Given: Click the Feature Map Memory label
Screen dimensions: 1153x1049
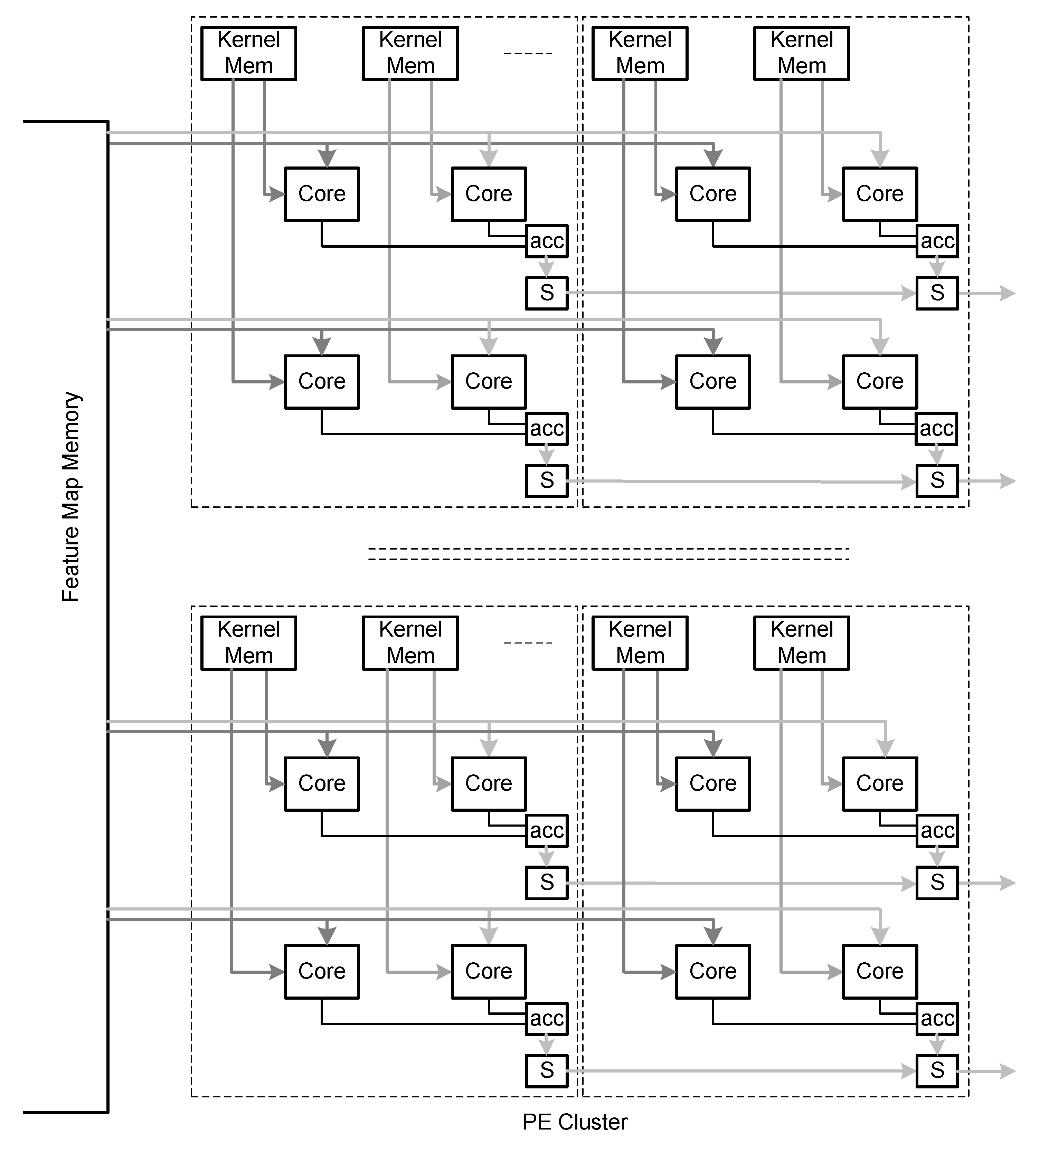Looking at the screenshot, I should pyautogui.click(x=72, y=496).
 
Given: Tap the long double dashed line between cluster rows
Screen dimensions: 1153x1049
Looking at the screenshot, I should pyautogui.click(x=608, y=554).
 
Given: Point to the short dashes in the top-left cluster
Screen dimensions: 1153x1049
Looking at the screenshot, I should pyautogui.click(x=527, y=53).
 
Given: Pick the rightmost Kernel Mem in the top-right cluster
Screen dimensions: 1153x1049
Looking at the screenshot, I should pyautogui.click(x=801, y=53).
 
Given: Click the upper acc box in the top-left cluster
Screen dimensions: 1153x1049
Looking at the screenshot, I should pyautogui.click(x=546, y=241).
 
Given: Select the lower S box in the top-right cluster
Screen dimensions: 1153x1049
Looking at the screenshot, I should pyautogui.click(x=936, y=480).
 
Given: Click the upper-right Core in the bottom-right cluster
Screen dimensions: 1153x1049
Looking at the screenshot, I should pyautogui.click(x=879, y=783).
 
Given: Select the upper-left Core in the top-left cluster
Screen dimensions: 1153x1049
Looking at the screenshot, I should pyautogui.click(x=321, y=194).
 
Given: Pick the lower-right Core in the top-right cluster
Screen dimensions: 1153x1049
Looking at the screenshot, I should pyautogui.click(x=879, y=381).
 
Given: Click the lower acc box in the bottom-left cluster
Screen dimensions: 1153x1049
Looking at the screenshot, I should pyautogui.click(x=546, y=1019).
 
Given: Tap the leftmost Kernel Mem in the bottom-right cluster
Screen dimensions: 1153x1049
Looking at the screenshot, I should pyautogui.click(x=640, y=643).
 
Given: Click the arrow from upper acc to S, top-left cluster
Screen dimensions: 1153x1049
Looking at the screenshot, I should pyautogui.click(x=546, y=267).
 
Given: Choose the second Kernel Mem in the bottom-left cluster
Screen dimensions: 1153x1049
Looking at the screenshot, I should pyautogui.click(x=410, y=643).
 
